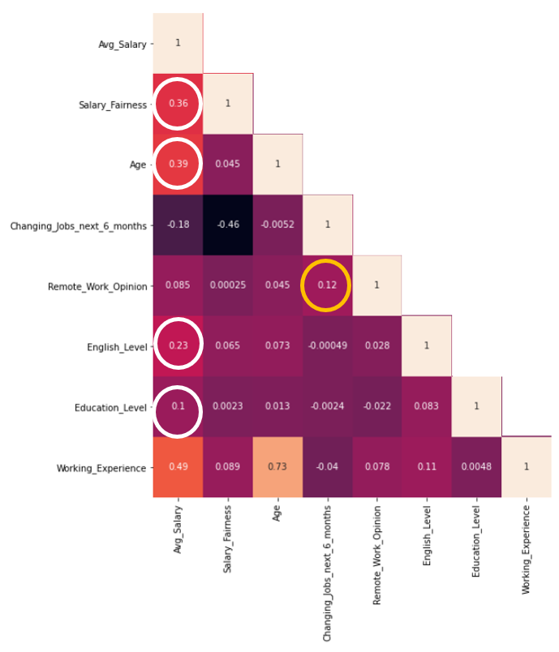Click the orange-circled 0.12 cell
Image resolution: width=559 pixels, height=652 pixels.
(327, 285)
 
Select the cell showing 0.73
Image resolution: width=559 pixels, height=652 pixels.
(277, 466)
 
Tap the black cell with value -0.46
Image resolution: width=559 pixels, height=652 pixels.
(228, 225)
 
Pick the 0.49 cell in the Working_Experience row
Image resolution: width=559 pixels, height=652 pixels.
(178, 466)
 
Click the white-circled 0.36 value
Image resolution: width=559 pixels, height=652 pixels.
(178, 104)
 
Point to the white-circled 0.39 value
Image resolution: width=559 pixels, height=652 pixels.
(178, 164)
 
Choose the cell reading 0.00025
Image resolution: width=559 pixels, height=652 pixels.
(228, 285)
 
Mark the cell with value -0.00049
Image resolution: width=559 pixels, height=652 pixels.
(327, 345)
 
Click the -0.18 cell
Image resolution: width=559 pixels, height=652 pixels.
(178, 225)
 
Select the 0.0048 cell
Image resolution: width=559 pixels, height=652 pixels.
(476, 466)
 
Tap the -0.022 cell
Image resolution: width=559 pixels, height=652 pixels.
(376, 406)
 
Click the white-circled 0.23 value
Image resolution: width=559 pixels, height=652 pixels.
(178, 345)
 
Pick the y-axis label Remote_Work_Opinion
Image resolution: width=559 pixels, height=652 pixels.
(97, 287)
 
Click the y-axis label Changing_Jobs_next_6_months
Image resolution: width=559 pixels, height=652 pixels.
(79, 226)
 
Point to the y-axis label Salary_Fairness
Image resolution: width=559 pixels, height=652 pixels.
(113, 105)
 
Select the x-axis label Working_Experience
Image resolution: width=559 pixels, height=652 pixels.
(527, 550)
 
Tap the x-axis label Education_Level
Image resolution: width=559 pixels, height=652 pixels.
(476, 542)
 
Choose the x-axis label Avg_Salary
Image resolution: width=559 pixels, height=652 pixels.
(178, 530)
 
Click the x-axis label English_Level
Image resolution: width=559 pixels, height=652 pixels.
(427, 535)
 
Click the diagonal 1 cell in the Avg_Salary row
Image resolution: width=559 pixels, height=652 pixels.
(178, 43)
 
